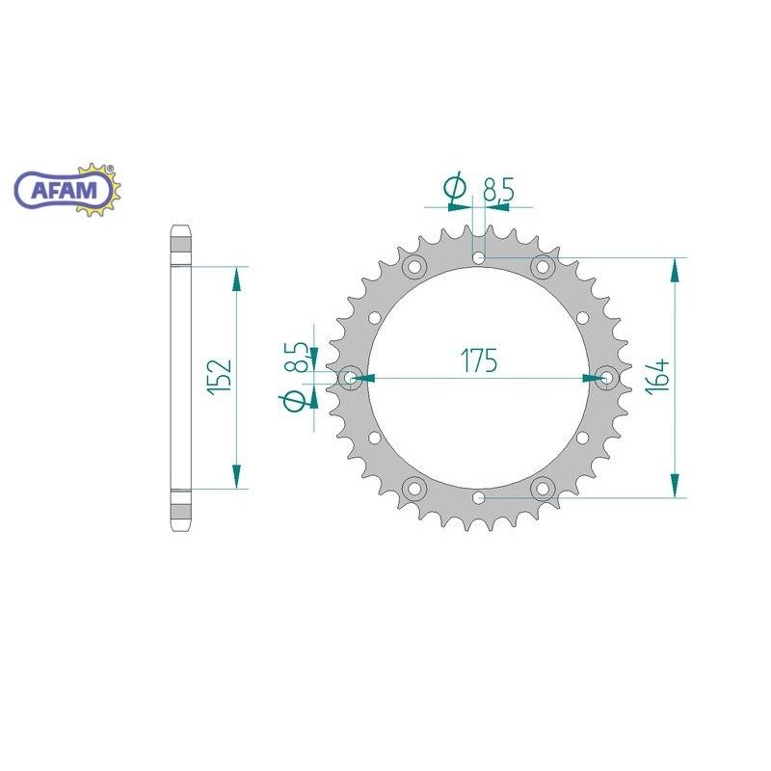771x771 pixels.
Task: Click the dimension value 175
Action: coord(478,361)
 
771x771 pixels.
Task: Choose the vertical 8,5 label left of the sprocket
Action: coord(300,358)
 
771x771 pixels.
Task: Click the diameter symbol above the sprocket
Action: coord(455,191)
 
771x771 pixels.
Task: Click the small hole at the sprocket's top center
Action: coord(479,258)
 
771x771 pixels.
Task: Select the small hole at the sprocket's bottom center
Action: coord(479,497)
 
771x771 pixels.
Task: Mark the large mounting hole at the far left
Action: coord(350,378)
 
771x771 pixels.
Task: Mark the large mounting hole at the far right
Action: coord(607,378)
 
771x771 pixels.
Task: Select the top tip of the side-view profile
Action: coord(180,227)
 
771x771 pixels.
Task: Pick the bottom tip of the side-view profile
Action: coord(180,532)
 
